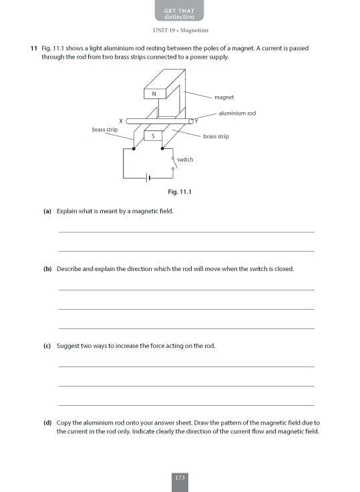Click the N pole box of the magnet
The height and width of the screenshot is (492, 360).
154,94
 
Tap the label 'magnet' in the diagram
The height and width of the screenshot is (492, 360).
224,97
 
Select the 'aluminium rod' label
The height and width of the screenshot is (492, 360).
237,113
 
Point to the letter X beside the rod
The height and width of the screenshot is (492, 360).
120,120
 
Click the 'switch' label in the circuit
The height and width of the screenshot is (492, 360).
185,160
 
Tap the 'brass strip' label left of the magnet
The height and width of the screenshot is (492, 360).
106,129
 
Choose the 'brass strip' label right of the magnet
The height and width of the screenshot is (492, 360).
216,136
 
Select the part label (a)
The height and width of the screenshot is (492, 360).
47,211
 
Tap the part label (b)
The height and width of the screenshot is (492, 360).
47,269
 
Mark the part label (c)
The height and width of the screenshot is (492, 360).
47,346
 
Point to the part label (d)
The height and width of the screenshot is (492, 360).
47,423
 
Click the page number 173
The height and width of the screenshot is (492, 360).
180,477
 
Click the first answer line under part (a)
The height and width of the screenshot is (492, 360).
186,232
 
